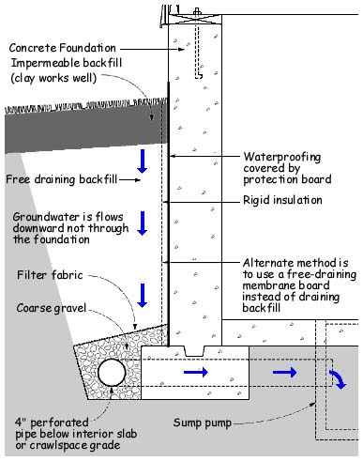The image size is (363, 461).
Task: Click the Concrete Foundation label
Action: click(x=63, y=48)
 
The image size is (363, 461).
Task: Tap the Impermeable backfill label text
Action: click(x=67, y=63)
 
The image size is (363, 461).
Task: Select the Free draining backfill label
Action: click(x=62, y=179)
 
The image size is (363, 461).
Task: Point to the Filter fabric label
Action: click(x=50, y=275)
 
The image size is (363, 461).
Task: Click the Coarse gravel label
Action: click(x=52, y=308)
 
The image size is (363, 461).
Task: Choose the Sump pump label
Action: click(x=203, y=423)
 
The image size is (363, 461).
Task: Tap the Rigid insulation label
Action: click(x=282, y=200)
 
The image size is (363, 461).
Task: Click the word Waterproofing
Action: click(x=282, y=157)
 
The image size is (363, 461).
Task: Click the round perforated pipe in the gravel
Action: click(x=112, y=373)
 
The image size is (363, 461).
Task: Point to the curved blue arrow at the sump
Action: click(x=338, y=378)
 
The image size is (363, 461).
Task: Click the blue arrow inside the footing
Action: click(x=196, y=372)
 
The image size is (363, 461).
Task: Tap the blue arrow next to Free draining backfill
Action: click(x=143, y=161)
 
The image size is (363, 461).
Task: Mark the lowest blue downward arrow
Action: click(x=143, y=296)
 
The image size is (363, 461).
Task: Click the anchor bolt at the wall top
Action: click(x=197, y=43)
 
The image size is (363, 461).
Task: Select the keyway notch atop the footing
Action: click(x=194, y=351)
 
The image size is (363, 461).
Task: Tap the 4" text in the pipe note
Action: click(x=20, y=423)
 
